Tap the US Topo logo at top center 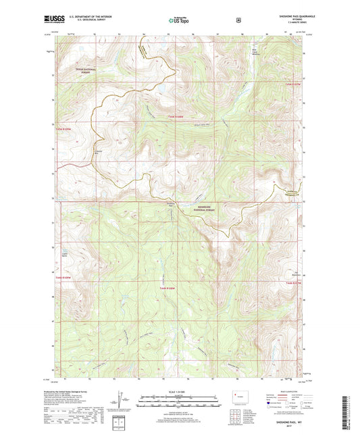[179, 21]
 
